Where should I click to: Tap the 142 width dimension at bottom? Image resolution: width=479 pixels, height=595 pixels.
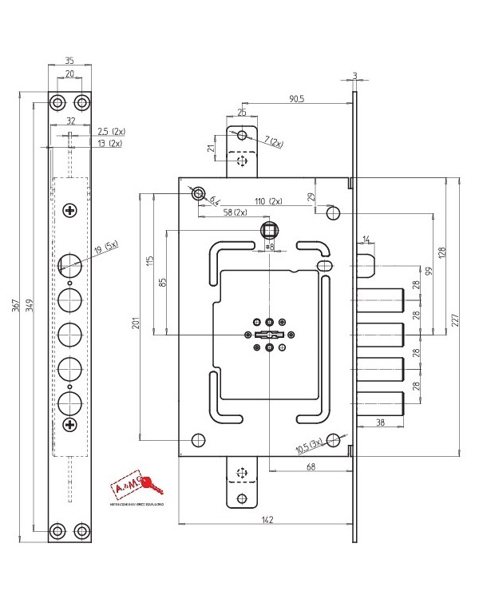coord(268,521)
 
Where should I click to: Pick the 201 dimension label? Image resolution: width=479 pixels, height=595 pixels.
coord(135,323)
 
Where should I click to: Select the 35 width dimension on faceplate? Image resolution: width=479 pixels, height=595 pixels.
coord(69,60)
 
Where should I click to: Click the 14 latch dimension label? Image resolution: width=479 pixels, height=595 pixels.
coord(366,239)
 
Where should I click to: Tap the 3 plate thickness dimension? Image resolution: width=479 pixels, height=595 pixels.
coord(354,77)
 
